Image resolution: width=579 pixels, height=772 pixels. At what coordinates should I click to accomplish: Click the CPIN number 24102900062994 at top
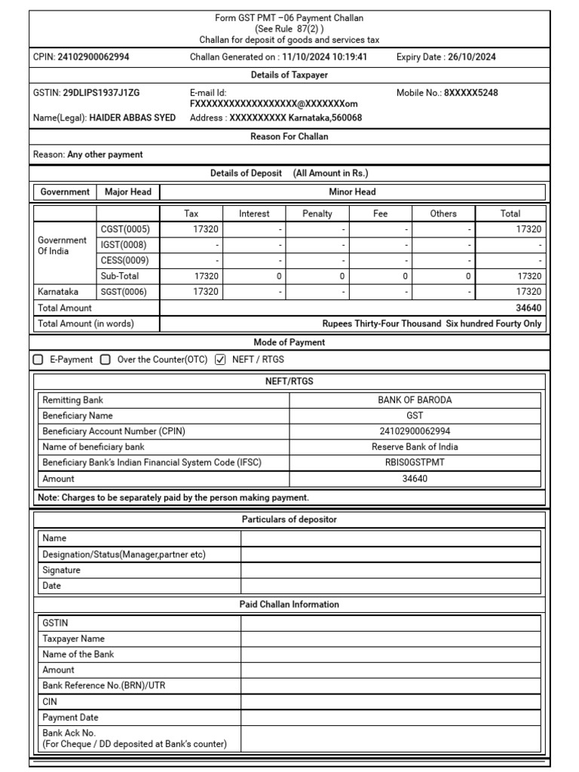(93, 57)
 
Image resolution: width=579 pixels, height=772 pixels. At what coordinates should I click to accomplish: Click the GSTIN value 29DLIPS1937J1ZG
(102, 93)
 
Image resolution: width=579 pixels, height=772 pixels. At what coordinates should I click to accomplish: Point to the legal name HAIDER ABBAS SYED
(133, 118)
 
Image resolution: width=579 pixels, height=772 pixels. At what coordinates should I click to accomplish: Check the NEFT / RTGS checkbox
(220, 360)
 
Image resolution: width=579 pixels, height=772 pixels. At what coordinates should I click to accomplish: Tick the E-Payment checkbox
(38, 360)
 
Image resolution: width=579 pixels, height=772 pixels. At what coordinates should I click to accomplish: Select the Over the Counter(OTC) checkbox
(106, 360)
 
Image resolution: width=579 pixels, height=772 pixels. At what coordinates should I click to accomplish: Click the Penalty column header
(317, 213)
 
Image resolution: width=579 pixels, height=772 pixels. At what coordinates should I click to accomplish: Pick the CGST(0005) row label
(125, 229)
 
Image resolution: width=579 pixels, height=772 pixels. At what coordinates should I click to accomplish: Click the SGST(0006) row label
(125, 292)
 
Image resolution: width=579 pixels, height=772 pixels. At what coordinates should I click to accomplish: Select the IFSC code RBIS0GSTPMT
(415, 462)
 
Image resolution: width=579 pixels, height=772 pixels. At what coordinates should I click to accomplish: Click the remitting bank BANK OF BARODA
(415, 400)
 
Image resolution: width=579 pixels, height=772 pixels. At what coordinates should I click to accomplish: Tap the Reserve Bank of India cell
(415, 446)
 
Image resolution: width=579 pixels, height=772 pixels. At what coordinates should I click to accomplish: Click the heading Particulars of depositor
(289, 519)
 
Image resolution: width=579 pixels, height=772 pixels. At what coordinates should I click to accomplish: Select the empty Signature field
(391, 570)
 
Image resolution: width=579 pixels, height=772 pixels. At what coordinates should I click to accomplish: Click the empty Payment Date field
(391, 717)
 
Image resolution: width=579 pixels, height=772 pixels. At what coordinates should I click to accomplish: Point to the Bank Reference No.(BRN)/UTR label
(100, 685)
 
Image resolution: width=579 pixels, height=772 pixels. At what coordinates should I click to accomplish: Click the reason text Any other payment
(105, 155)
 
